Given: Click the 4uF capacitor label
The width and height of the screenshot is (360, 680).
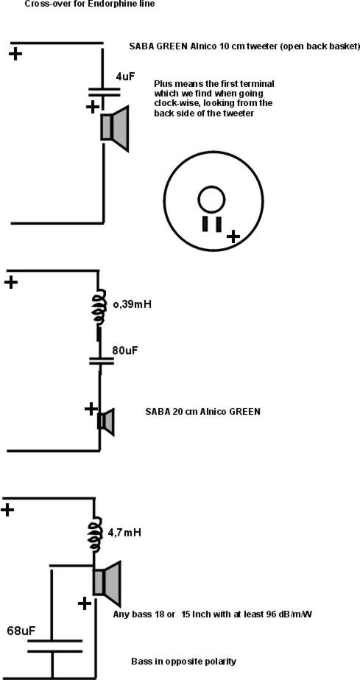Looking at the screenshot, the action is point(125,77).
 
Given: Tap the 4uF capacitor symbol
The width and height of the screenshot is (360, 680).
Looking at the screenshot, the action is point(105,92).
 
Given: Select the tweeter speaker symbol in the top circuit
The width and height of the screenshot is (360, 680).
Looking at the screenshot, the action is point(115,128).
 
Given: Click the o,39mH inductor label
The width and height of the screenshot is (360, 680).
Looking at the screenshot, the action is point(132,304).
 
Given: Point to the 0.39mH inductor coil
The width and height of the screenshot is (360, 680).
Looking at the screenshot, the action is point(99,305).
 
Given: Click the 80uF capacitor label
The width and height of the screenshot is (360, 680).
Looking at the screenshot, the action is point(125,351).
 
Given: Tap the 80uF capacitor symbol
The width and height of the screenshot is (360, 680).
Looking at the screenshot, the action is point(102,360).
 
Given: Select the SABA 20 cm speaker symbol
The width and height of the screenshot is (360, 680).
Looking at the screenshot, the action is point(105,421).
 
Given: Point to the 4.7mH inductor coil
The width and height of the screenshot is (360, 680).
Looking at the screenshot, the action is point(95,534).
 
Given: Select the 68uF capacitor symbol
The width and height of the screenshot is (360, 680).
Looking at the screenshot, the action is point(54,645).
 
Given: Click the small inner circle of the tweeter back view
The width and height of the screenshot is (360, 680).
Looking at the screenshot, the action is point(211,200).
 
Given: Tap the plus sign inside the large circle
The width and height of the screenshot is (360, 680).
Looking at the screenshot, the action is point(233,236).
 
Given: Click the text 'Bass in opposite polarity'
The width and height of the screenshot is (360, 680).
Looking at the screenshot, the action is point(184,662).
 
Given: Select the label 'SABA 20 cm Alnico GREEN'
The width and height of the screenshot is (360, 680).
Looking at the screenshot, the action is point(202,412).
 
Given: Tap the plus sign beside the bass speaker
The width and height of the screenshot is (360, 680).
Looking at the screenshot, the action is point(85,603).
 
